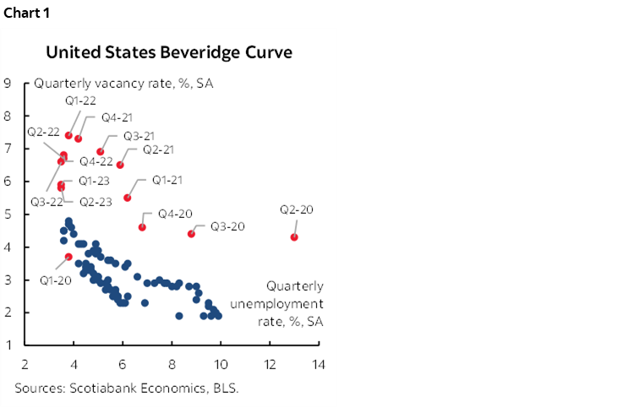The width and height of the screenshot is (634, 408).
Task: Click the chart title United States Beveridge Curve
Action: (x=169, y=52)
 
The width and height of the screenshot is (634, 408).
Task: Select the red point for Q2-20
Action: (x=294, y=237)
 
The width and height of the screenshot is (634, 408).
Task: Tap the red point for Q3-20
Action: (x=191, y=234)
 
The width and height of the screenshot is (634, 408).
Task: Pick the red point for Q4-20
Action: (x=142, y=227)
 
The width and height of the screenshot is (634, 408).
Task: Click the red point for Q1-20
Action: (x=68, y=257)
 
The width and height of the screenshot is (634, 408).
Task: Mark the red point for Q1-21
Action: (x=128, y=198)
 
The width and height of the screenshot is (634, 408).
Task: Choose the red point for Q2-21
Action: (x=120, y=165)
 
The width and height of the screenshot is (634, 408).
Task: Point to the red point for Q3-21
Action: (x=101, y=152)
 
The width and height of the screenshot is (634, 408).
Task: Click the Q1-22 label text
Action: (x=81, y=101)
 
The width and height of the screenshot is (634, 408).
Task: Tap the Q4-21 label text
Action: (x=116, y=117)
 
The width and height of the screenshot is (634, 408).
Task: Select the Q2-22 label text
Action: (x=42, y=132)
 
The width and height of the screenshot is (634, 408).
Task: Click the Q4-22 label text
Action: (x=96, y=160)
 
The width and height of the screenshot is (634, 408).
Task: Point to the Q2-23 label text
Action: (x=95, y=201)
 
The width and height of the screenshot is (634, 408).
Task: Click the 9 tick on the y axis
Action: (x=8, y=84)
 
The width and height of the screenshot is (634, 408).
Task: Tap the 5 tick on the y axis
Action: (x=8, y=215)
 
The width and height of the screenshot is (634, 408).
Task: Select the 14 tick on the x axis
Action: (x=319, y=363)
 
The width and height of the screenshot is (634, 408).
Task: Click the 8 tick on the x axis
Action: (x=172, y=363)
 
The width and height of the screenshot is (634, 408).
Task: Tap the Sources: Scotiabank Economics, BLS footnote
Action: (x=126, y=389)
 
